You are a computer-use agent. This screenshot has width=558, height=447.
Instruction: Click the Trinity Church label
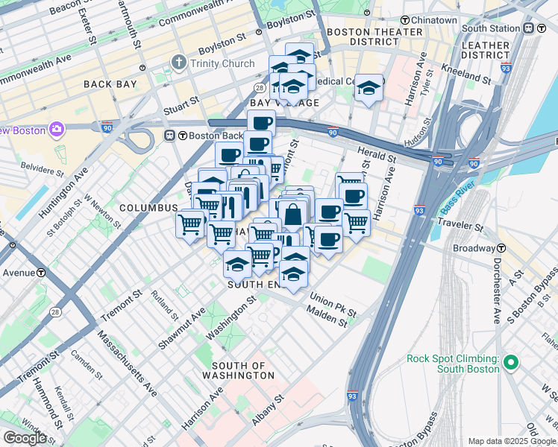[222, 63]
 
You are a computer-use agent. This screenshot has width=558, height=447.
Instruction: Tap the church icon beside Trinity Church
[178, 63]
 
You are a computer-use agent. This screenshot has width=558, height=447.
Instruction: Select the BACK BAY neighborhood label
[110, 84]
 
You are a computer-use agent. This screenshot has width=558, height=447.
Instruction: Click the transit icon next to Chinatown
[406, 20]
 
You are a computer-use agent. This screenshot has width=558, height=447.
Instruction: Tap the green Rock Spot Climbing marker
[510, 364]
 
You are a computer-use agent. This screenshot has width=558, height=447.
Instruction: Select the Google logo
[25, 437]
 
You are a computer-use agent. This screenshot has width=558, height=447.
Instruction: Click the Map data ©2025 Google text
[512, 441]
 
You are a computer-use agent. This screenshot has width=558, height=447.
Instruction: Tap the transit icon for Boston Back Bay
[169, 136]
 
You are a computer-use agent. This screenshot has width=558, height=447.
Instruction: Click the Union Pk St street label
[333, 305]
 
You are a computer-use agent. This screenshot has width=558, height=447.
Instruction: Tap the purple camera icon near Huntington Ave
[56, 130]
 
